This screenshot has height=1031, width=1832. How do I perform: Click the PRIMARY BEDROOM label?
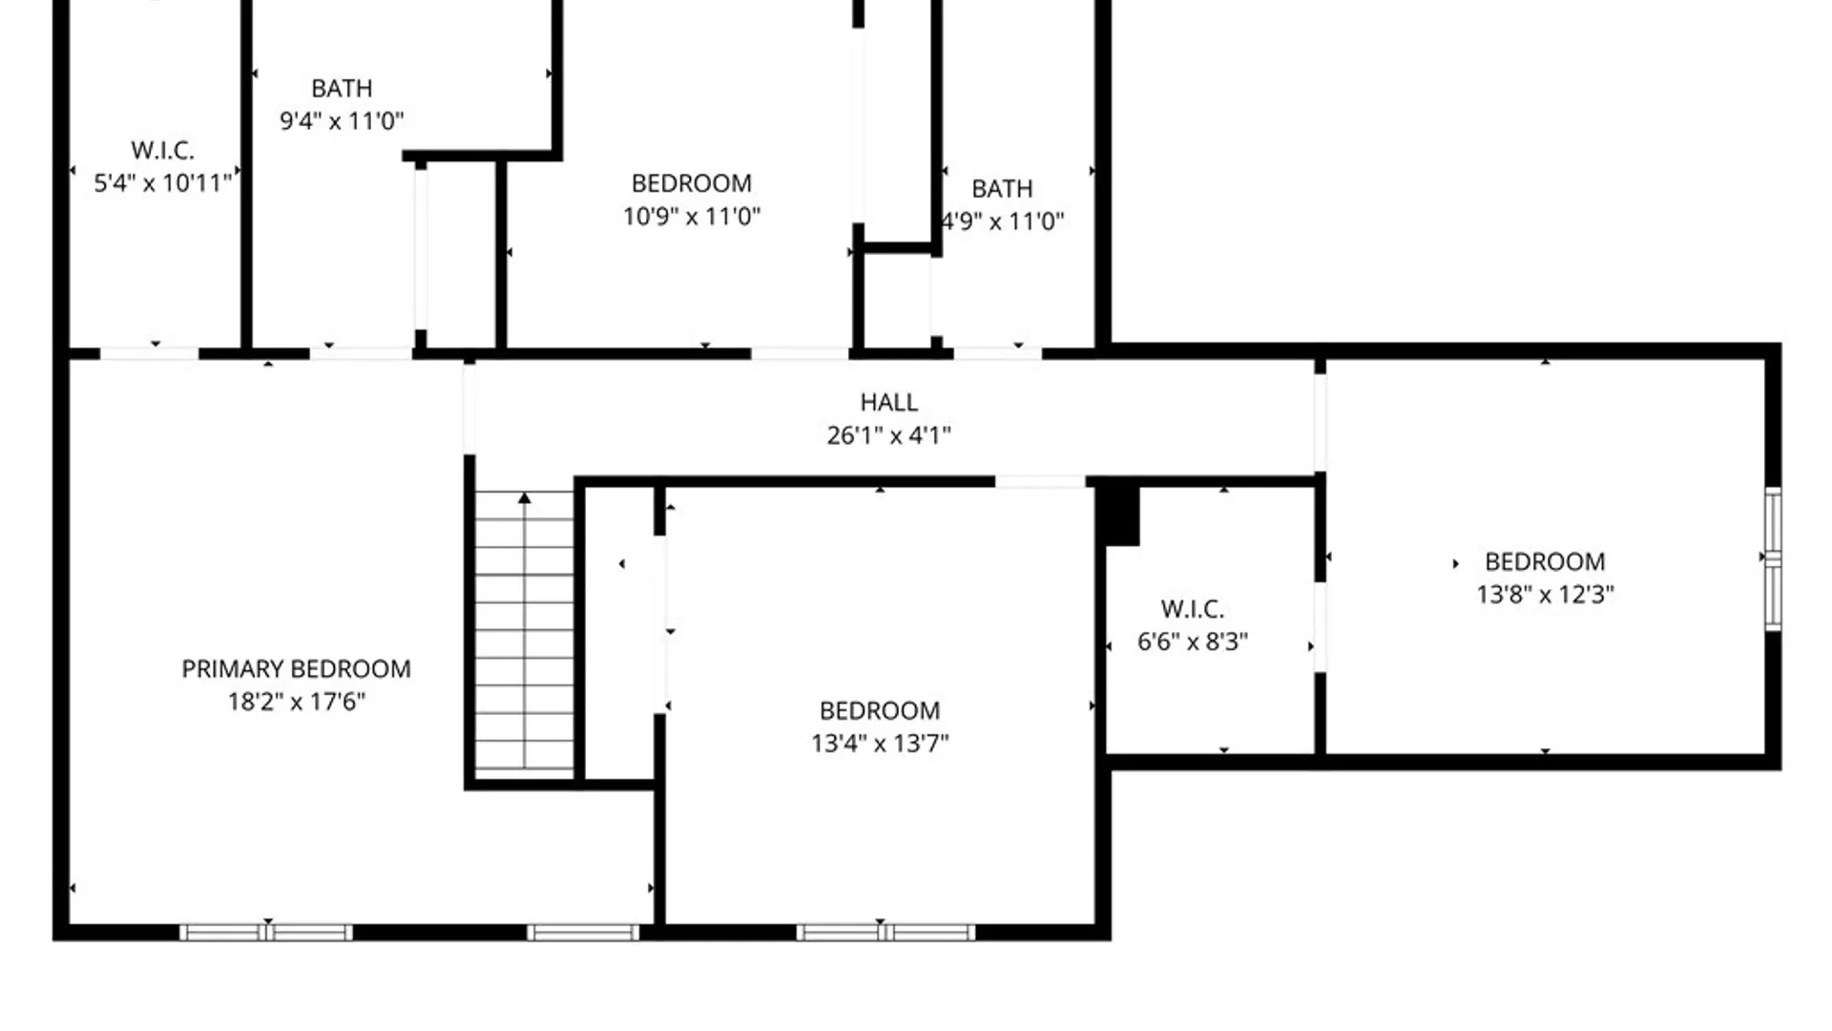click(x=296, y=668)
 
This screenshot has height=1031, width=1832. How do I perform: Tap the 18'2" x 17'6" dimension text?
click(x=296, y=702)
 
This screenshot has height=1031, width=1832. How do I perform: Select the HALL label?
click(x=888, y=402)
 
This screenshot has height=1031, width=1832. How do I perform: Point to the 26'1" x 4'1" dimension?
click(x=888, y=435)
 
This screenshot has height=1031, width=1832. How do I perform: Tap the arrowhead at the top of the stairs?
click(x=524, y=497)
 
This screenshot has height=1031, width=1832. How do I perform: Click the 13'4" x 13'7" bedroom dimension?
click(x=880, y=743)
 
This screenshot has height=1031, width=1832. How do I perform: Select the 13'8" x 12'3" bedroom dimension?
click(x=1545, y=594)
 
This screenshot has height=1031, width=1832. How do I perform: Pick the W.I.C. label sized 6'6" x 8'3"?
click(x=1192, y=609)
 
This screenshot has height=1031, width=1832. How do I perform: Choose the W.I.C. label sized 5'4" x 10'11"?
click(x=162, y=150)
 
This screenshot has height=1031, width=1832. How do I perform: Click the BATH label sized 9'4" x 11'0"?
click(x=342, y=88)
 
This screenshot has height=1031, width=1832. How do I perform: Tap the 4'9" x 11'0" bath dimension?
click(x=1003, y=221)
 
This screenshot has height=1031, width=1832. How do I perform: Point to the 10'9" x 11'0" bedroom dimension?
click(x=692, y=216)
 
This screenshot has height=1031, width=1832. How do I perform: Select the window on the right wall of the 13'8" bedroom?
click(x=1773, y=558)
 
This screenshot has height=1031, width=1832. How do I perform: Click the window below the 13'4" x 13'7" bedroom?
click(x=885, y=932)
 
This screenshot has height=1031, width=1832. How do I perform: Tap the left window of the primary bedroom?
click(x=265, y=932)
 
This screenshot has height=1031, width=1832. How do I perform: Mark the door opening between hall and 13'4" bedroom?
click(x=1040, y=482)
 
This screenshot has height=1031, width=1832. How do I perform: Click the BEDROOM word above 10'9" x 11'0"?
click(x=692, y=183)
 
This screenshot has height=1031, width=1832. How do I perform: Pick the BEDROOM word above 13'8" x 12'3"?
click(x=1545, y=561)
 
